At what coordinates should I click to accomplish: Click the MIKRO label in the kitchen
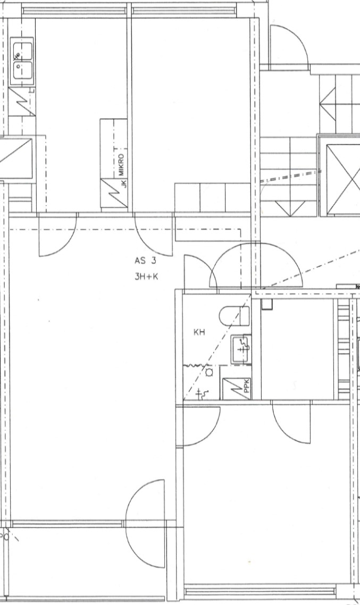pos(122,165)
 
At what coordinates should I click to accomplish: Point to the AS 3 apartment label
pos(146,261)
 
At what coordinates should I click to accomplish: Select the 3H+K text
pos(147,276)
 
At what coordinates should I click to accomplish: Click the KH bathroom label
pos(199,332)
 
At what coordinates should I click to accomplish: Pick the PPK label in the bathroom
pos(247,388)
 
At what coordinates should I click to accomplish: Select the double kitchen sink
pos(22,61)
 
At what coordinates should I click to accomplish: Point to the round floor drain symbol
pos(210,372)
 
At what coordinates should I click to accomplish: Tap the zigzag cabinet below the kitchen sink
pos(22,101)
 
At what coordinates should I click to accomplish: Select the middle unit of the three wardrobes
pos(212,198)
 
